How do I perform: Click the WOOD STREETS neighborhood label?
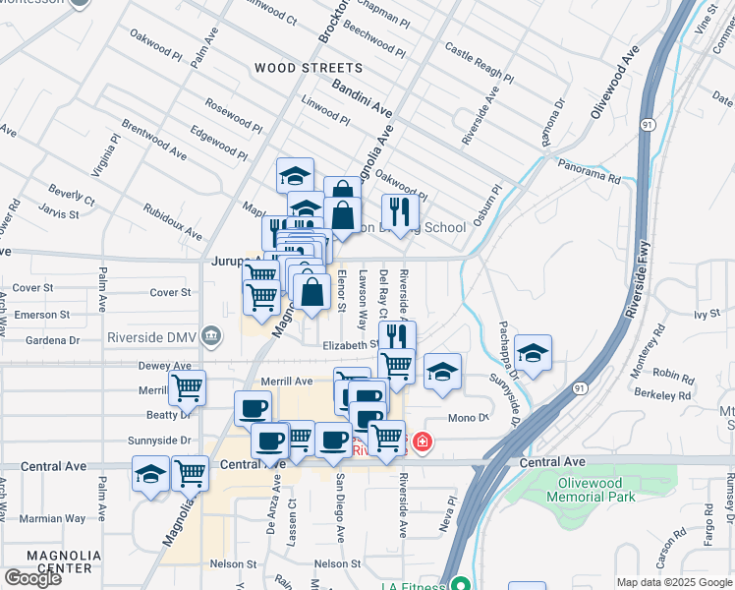click(308, 69)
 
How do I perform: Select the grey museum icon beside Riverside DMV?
click(210, 335)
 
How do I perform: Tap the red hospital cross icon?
click(423, 443)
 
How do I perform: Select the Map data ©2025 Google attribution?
click(673, 582)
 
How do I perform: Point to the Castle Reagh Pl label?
click(479, 61)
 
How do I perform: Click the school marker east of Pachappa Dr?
click(533, 354)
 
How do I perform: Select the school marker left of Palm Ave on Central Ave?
click(150, 475)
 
